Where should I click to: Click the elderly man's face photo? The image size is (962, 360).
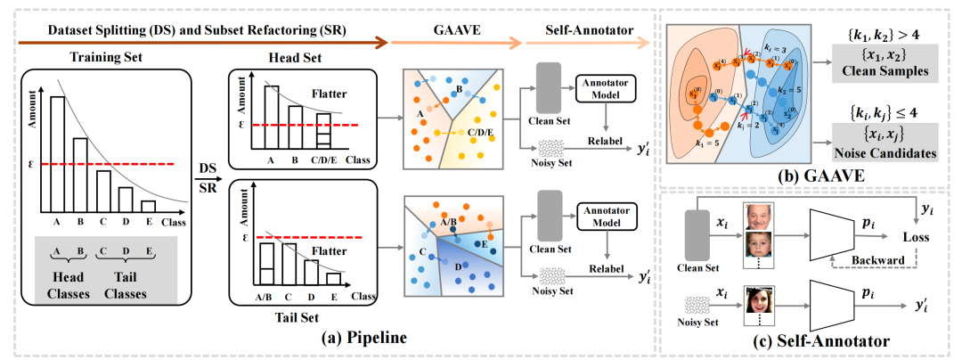758,217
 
